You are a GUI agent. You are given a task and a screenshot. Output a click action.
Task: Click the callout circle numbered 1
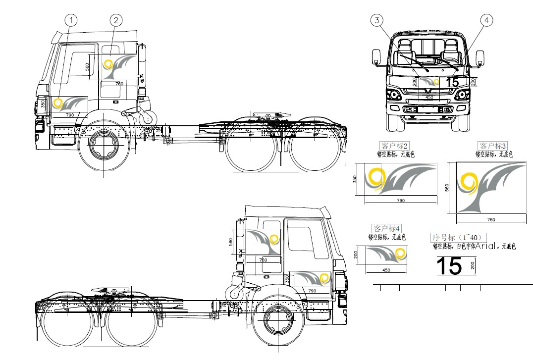[x=72, y=20]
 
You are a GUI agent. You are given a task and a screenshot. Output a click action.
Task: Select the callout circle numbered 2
[x=116, y=20]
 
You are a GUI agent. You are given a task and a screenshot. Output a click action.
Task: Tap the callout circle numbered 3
[x=377, y=20]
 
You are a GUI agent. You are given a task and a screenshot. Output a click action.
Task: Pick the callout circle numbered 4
[x=486, y=20]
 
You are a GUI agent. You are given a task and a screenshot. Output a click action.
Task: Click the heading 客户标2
[x=395, y=146]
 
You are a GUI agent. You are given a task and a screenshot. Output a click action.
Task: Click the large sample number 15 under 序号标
[x=449, y=266]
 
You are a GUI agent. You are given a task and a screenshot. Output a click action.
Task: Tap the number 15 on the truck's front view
[x=452, y=82]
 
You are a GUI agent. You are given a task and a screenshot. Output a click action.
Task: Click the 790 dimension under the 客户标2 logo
[x=401, y=201]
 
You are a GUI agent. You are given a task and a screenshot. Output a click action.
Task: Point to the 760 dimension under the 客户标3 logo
[x=491, y=219]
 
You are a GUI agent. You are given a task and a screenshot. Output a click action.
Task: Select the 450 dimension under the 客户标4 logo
[x=386, y=270]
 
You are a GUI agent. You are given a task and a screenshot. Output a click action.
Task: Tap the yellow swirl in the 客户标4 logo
[x=400, y=255]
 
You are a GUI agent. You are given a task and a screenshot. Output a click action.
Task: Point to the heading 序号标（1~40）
[x=459, y=237]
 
